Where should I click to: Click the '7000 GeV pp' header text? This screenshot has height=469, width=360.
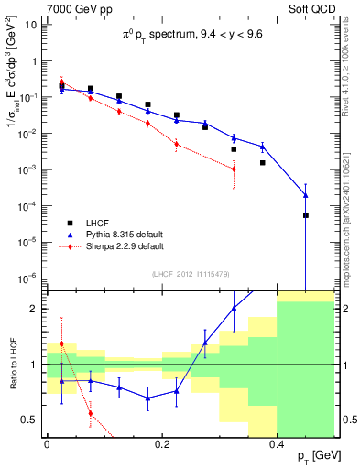click(73, 9)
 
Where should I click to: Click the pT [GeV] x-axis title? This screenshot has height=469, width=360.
click(316, 455)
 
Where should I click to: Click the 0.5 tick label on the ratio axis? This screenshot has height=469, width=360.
click(29, 420)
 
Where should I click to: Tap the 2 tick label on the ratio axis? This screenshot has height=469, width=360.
click(36, 309)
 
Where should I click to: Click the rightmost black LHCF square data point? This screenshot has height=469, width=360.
click(306, 215)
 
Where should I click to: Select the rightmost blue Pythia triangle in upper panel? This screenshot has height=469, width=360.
click(306, 195)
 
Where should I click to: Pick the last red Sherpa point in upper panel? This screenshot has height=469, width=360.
click(235, 169)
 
